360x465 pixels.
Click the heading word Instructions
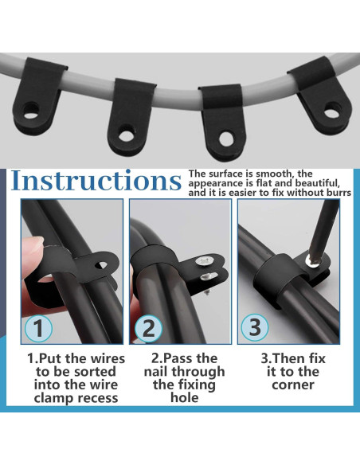click(96, 181)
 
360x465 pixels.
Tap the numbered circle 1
click(39, 328)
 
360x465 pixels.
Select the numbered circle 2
click(147, 328)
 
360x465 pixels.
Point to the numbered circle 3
click(254, 328)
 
